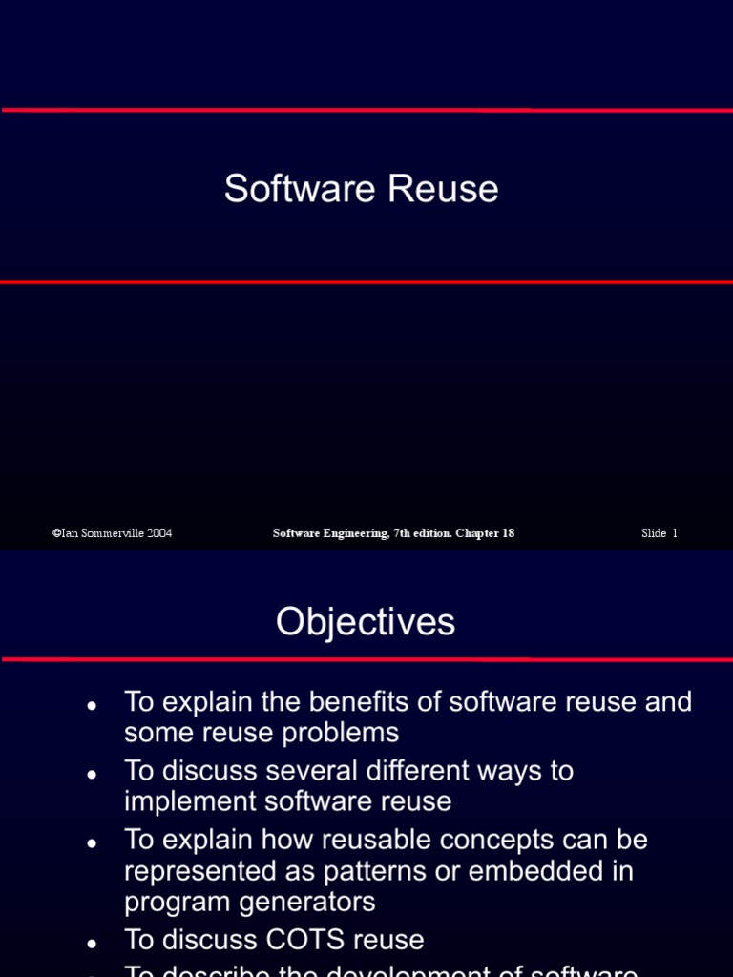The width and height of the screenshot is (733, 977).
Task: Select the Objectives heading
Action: click(x=366, y=622)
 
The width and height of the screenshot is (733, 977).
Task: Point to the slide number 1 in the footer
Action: click(x=674, y=533)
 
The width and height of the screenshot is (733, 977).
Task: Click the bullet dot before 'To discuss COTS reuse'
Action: click(x=92, y=943)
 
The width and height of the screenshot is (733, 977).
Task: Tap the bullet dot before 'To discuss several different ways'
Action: click(x=92, y=774)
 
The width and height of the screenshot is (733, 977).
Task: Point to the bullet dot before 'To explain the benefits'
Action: click(x=92, y=705)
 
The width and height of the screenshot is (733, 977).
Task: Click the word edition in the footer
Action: click(x=429, y=533)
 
